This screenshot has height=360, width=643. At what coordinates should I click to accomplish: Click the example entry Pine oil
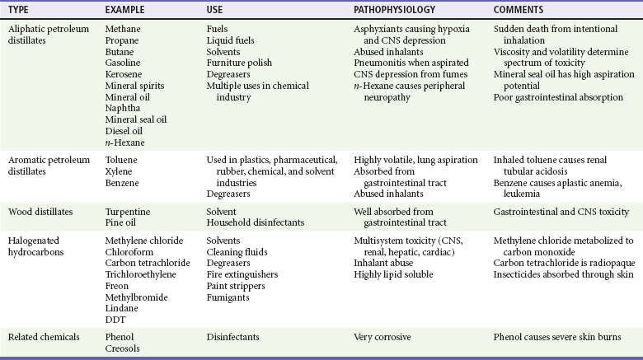(x=122, y=222)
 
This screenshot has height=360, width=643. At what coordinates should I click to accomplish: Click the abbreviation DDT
(x=115, y=319)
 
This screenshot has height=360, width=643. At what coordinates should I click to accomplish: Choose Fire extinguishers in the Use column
(x=242, y=273)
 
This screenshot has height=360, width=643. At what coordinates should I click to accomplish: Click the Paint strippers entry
(x=237, y=284)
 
